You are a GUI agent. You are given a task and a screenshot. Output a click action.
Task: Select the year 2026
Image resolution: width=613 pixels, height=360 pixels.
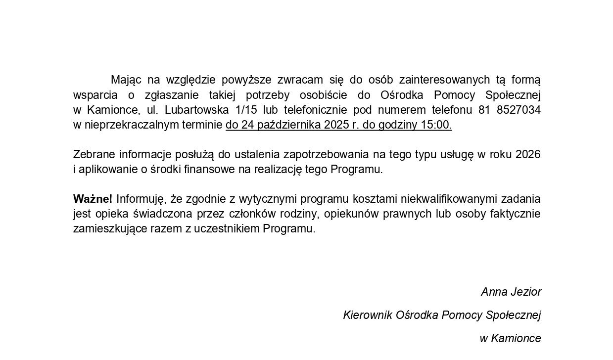[x=527, y=154]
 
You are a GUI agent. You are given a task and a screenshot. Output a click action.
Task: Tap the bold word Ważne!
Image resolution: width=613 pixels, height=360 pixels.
[x=93, y=199]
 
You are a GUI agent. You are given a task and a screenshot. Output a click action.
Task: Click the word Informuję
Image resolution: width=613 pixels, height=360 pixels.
[x=141, y=199]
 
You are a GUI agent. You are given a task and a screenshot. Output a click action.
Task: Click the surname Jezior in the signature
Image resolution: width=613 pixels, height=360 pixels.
[x=526, y=292]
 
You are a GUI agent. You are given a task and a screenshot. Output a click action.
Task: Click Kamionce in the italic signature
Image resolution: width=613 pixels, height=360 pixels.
[x=516, y=338]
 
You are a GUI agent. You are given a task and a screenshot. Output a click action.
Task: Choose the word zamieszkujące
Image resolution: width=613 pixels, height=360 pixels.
[x=106, y=229]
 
